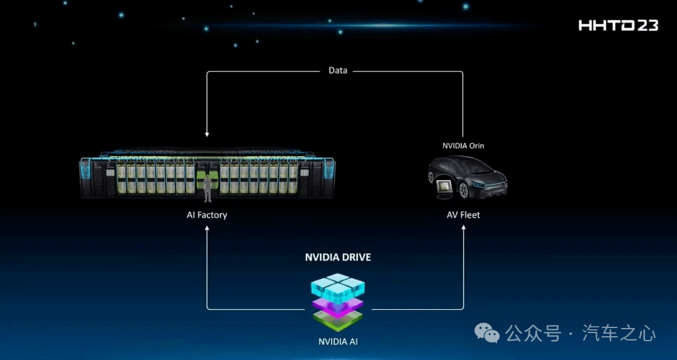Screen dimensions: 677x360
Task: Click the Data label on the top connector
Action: coord(338,70)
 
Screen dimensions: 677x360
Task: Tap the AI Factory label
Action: coord(207,214)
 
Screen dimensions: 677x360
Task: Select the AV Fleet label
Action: coord(463,214)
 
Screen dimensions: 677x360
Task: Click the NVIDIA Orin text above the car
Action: coord(463,146)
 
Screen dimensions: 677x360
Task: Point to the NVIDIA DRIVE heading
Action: coord(338,257)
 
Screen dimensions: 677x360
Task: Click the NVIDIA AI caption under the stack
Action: coord(338,341)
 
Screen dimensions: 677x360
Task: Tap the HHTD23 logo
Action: coord(618,26)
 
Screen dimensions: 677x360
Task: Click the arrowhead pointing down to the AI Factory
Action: coord(207,134)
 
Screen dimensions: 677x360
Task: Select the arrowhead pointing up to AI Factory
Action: coord(207,228)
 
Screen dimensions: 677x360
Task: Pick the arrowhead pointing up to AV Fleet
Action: coord(464,228)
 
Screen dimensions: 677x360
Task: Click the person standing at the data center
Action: coord(207,188)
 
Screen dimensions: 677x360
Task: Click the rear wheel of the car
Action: coord(463,190)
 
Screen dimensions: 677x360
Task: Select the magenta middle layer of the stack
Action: coord(338,307)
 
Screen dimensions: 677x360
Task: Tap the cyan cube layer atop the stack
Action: coord(338,287)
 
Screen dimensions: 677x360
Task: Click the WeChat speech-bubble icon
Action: coord(486,332)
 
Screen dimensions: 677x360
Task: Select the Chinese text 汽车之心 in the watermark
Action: coord(619,333)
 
